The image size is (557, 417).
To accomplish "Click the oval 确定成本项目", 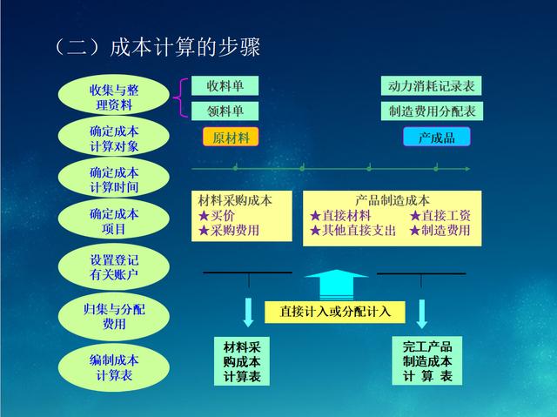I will (x=113, y=221).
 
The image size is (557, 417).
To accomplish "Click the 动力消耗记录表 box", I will (x=431, y=87).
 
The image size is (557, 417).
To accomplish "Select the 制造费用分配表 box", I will (x=431, y=111).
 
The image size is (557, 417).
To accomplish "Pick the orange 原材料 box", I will (x=231, y=138).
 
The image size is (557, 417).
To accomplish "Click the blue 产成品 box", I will (x=436, y=138).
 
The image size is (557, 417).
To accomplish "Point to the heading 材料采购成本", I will (x=235, y=200).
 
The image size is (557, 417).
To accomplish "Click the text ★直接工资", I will (x=440, y=215).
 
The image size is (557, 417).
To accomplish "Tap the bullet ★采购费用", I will (x=230, y=231).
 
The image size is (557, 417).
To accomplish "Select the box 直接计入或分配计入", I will (x=336, y=311).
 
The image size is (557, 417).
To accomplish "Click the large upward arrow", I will (x=336, y=284).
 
